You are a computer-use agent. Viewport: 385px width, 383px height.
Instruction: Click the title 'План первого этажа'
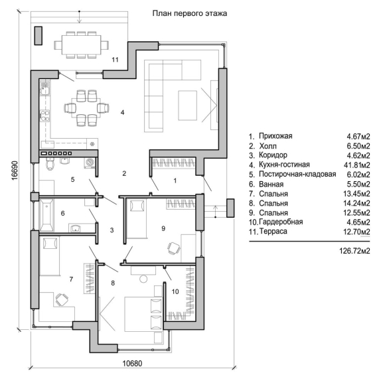[x=190, y=13]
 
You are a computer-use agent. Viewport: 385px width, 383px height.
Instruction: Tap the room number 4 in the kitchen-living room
[x=123, y=112]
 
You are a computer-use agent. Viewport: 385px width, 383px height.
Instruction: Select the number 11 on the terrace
[x=115, y=60]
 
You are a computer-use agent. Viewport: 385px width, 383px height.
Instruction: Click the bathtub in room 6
[x=46, y=216]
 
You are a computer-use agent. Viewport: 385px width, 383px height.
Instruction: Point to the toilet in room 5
[x=50, y=164]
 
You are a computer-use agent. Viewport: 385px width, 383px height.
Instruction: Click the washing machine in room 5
[x=90, y=163]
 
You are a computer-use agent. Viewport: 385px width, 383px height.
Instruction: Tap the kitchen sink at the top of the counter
[x=44, y=88]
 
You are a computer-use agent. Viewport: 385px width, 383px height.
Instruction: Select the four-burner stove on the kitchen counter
[x=44, y=116]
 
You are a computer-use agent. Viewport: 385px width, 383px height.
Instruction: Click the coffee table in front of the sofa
[x=188, y=106]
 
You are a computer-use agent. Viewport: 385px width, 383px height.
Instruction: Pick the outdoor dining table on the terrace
[x=81, y=45]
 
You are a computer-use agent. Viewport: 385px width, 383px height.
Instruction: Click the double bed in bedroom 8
[x=143, y=315]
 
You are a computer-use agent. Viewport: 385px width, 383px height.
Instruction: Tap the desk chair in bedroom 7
[x=61, y=300]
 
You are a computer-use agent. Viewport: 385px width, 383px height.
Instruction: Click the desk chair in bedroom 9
[x=174, y=248]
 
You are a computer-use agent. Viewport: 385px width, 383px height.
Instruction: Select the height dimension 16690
[x=15, y=171]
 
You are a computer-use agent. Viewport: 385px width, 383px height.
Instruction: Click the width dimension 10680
[x=132, y=363]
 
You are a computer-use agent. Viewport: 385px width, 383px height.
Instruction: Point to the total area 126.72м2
[x=354, y=251]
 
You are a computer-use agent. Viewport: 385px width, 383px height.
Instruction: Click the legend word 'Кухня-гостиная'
[x=284, y=164]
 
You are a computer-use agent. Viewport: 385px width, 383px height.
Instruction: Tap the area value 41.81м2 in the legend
[x=356, y=165]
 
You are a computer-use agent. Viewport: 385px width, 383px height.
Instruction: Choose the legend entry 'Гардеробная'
[x=281, y=222]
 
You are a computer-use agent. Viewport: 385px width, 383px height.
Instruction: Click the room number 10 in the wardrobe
[x=175, y=291]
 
